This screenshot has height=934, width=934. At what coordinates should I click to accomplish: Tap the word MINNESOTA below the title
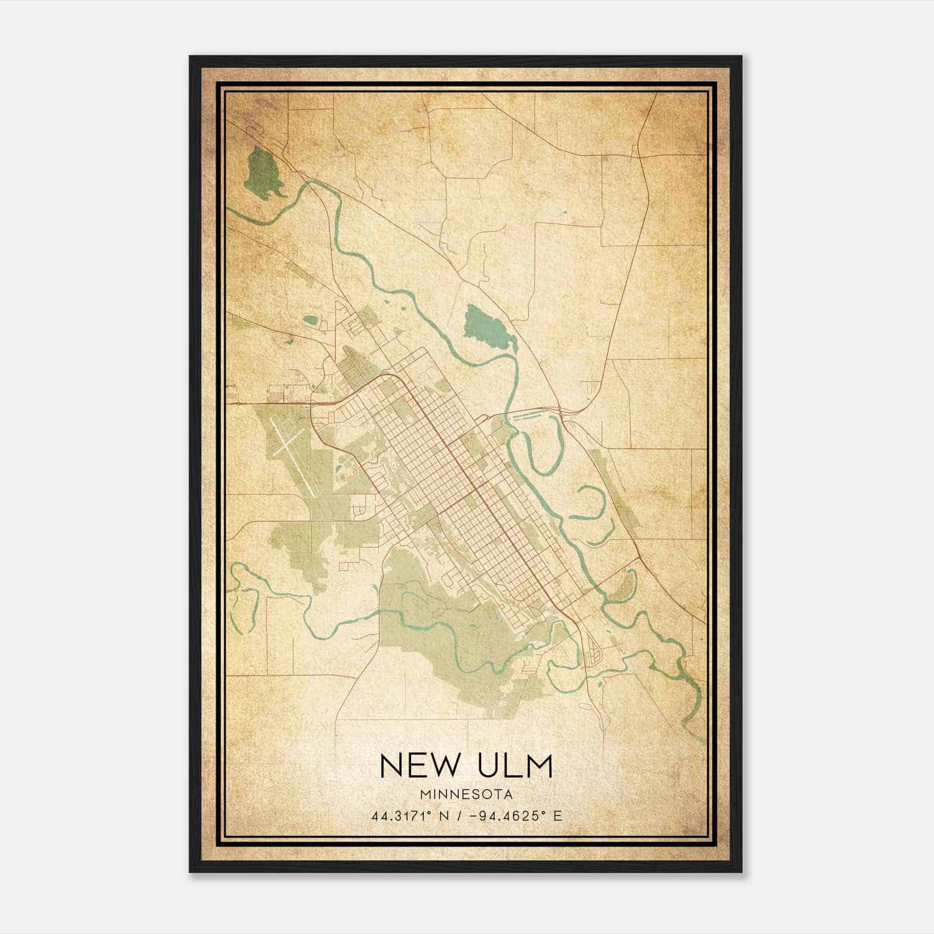coord(466,794)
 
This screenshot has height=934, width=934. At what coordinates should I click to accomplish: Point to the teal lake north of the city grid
coord(485,325)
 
